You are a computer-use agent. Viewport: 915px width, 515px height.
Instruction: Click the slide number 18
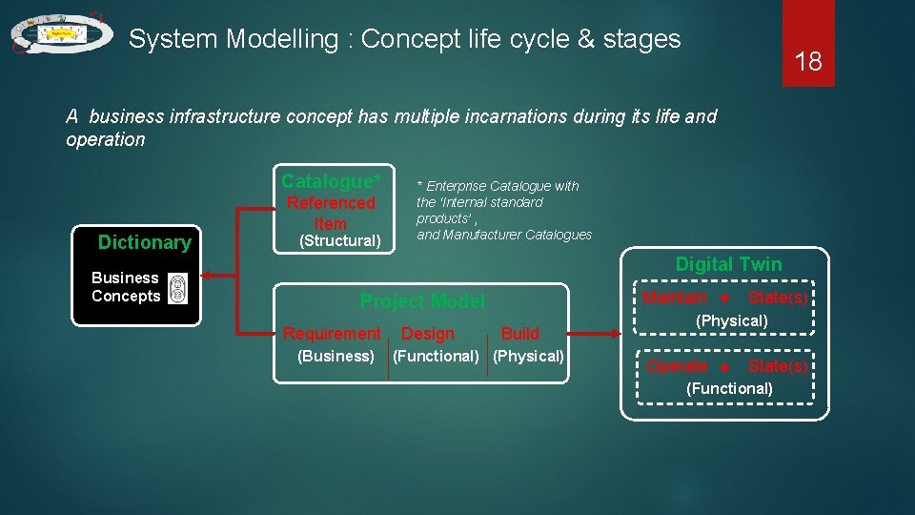pyautogui.click(x=808, y=62)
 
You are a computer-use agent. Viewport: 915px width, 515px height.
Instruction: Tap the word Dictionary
pyautogui.click(x=144, y=242)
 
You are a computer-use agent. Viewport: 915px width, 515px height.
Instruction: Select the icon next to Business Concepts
pyautogui.click(x=177, y=288)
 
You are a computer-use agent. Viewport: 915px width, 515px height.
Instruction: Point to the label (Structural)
pyautogui.click(x=340, y=240)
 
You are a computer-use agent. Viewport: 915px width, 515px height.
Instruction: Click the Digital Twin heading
pyautogui.click(x=728, y=264)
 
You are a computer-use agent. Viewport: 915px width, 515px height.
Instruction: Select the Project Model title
pyautogui.click(x=421, y=301)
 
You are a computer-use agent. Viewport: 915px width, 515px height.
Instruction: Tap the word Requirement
pyautogui.click(x=332, y=333)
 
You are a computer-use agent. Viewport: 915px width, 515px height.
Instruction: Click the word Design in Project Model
pyautogui.click(x=428, y=333)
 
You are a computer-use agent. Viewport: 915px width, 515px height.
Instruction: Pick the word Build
pyautogui.click(x=520, y=333)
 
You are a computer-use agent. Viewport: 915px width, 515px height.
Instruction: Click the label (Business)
pyautogui.click(x=335, y=356)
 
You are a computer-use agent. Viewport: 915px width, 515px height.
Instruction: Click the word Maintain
pyautogui.click(x=675, y=298)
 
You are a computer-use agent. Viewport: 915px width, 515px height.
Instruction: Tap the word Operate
pyautogui.click(x=677, y=366)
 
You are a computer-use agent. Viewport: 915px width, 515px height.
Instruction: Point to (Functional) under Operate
pyautogui.click(x=729, y=388)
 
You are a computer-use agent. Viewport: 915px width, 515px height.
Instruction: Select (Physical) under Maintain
pyautogui.click(x=732, y=320)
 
